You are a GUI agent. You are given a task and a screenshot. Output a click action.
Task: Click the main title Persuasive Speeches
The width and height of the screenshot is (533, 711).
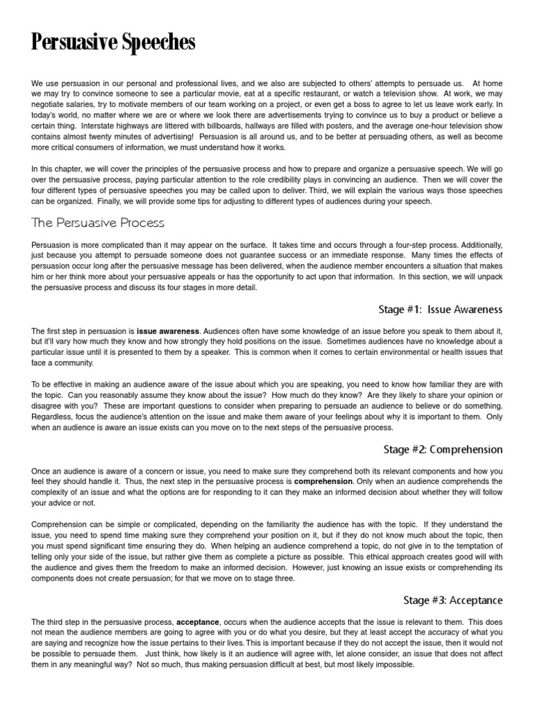pyautogui.click(x=113, y=44)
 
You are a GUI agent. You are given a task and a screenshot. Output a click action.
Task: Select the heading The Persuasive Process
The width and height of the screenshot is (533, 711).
pyautogui.click(x=97, y=223)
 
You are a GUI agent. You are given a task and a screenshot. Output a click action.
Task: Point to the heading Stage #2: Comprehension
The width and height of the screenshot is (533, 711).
pyautogui.click(x=442, y=449)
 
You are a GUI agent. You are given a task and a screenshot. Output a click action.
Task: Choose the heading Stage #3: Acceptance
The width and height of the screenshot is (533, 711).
pyautogui.click(x=453, y=600)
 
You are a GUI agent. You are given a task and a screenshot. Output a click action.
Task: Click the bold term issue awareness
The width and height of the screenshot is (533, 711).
pyautogui.click(x=167, y=332)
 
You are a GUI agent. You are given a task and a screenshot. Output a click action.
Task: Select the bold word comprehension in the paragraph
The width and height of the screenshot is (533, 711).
pyautogui.click(x=323, y=480)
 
